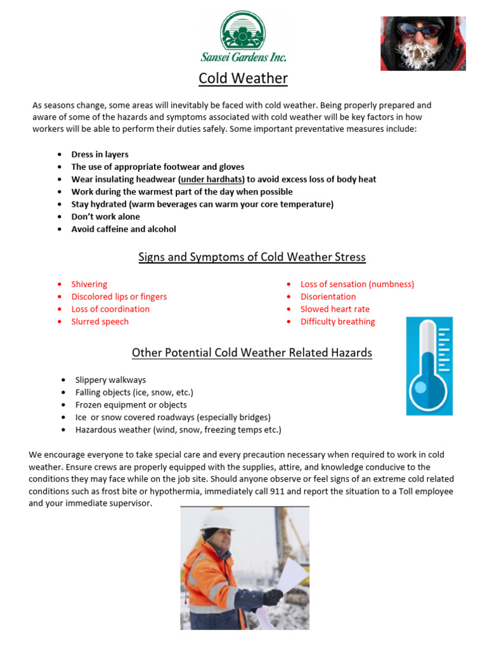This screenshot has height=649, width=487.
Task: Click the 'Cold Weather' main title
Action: [x=243, y=79]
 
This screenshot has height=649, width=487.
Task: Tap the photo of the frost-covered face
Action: [x=422, y=43]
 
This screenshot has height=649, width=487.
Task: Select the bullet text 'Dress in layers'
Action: [x=100, y=155]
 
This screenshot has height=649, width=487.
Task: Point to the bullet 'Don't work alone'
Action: [x=105, y=217]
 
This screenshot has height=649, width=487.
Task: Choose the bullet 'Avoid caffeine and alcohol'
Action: [x=124, y=229]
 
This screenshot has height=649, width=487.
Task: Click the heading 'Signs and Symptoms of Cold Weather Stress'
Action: [x=252, y=257]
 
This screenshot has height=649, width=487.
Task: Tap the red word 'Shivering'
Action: [x=89, y=285]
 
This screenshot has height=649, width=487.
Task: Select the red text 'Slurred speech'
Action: [x=100, y=322]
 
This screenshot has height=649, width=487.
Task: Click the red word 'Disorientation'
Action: [x=328, y=297]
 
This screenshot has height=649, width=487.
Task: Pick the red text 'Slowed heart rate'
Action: [x=335, y=309]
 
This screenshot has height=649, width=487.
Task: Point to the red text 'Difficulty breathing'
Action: [x=337, y=322]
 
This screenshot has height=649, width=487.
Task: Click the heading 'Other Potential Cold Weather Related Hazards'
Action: [x=252, y=352]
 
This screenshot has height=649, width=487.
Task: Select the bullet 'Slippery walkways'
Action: [x=110, y=380]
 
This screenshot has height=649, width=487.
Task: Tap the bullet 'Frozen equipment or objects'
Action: [x=131, y=405]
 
